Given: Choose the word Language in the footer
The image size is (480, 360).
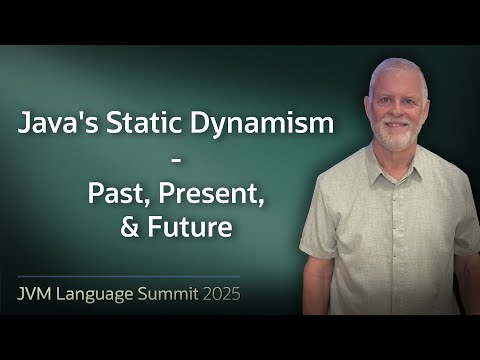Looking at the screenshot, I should click(x=105, y=295).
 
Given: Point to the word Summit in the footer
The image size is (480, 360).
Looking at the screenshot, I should click(x=176, y=295).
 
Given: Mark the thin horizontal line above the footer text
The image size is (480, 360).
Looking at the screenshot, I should click(x=130, y=276).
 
